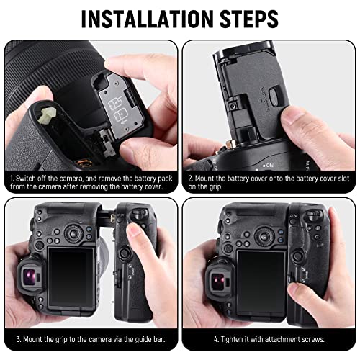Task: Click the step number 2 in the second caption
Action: click(189, 176)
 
